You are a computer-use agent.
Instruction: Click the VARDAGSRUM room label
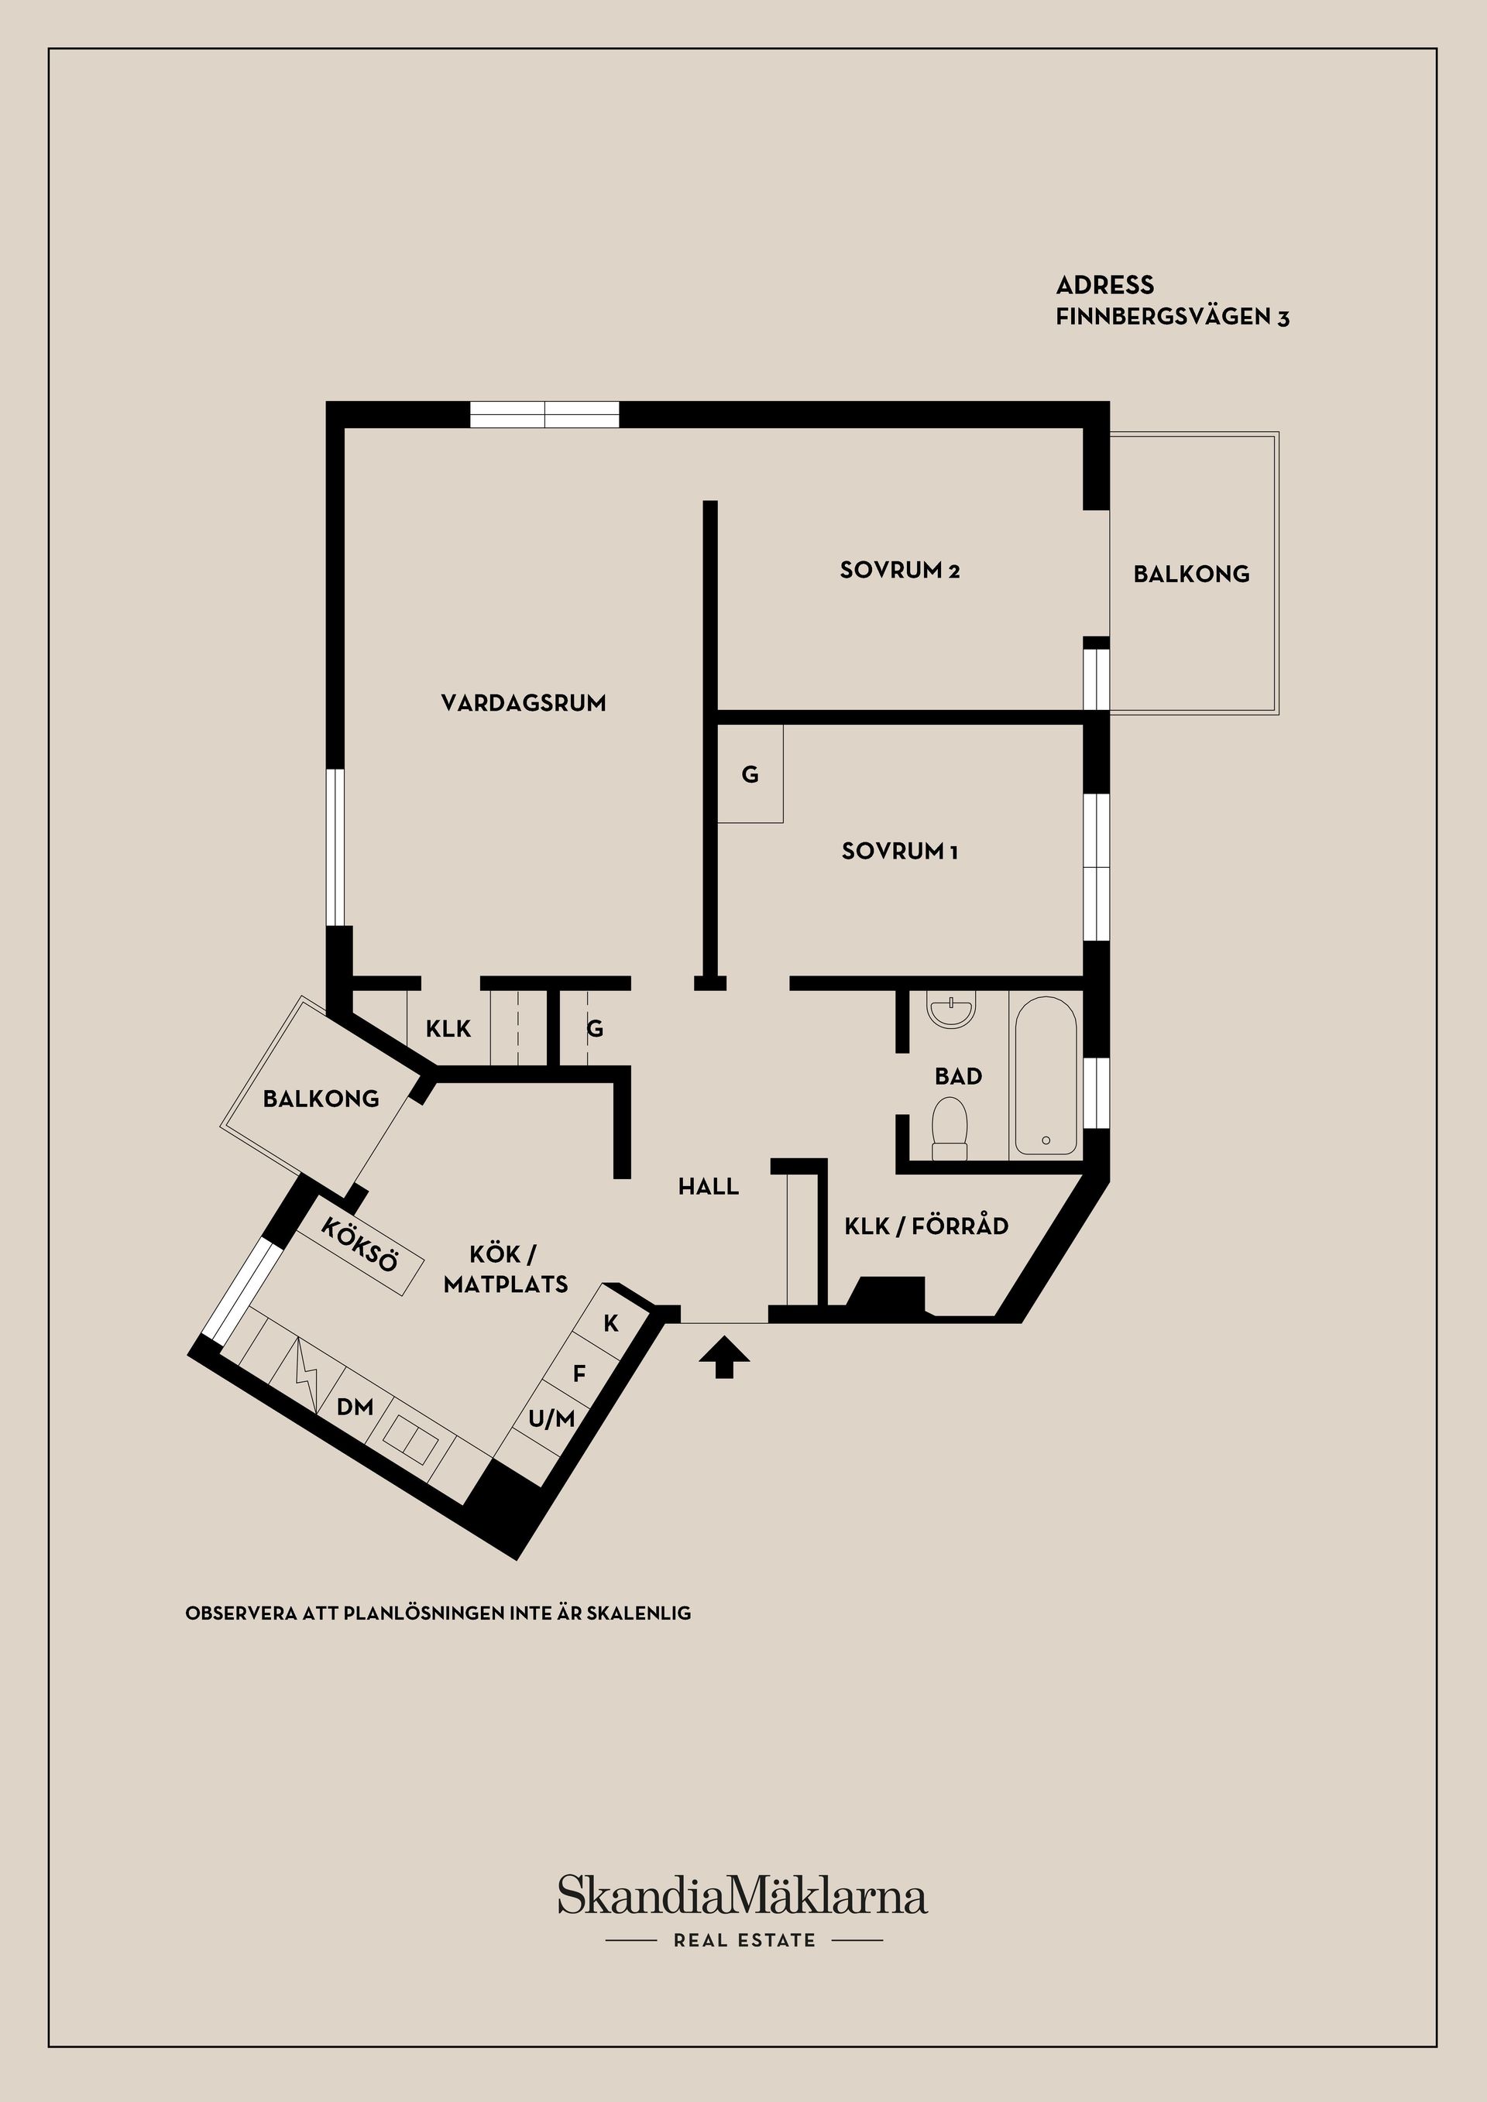(523, 703)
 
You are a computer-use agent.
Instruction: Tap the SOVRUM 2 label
(899, 571)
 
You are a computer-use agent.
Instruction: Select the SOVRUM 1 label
(899, 852)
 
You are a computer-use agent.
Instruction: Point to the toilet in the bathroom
(950, 1129)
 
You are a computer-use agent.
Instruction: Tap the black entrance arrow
(724, 1356)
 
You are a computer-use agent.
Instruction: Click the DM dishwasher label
(355, 1407)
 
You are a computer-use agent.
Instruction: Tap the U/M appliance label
(551, 1420)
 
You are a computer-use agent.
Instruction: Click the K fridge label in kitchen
(611, 1323)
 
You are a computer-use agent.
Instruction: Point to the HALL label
(708, 1188)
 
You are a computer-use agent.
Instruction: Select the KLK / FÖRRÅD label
(926, 1226)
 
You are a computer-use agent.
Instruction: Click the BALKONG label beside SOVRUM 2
(1190, 574)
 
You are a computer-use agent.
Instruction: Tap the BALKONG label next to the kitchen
(321, 1099)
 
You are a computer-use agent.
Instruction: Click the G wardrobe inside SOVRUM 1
(750, 774)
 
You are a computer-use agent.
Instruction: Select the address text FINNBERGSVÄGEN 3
(1172, 317)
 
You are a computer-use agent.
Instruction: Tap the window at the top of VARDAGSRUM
(544, 415)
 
